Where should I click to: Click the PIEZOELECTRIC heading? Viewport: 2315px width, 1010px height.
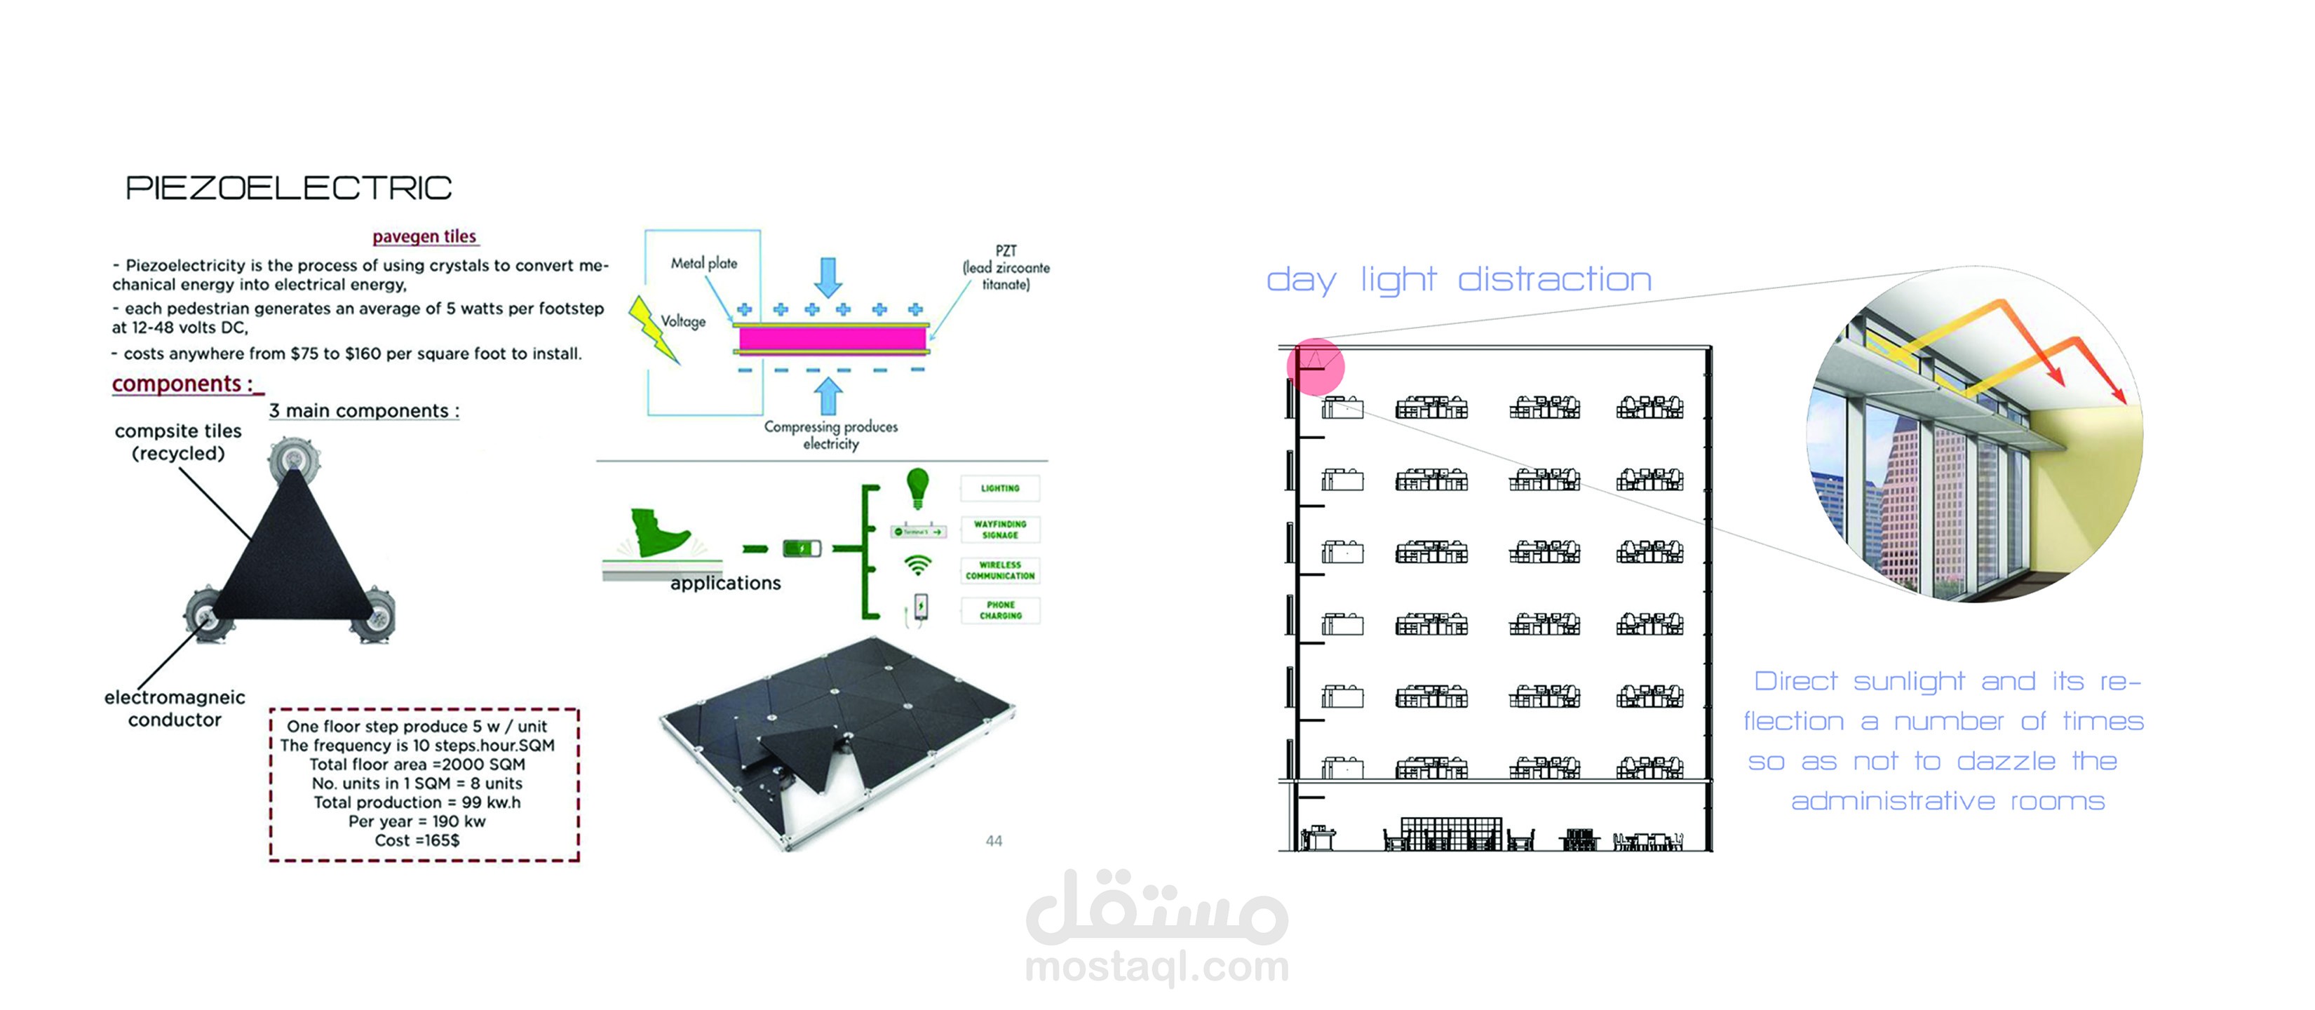click(288, 188)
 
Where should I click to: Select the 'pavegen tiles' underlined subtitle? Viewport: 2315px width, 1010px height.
click(424, 236)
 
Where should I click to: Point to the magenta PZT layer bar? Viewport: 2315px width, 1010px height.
click(831, 339)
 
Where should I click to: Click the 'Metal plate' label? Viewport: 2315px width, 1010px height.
click(703, 263)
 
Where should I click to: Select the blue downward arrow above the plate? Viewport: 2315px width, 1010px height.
click(828, 276)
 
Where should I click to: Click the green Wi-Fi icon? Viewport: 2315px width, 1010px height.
click(917, 565)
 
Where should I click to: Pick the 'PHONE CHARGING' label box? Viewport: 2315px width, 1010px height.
click(1000, 610)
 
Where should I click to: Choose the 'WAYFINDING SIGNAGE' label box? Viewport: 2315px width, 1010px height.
click(1000, 530)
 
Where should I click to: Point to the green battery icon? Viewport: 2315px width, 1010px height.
click(802, 548)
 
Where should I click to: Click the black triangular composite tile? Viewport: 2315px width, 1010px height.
click(294, 557)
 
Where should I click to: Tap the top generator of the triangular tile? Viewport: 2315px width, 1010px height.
click(293, 457)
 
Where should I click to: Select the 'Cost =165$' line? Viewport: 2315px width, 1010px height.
click(417, 840)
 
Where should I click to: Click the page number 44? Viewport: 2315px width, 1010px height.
click(993, 841)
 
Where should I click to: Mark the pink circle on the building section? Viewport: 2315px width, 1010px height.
click(1316, 367)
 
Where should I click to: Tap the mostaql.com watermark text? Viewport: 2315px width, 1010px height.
click(1156, 967)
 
